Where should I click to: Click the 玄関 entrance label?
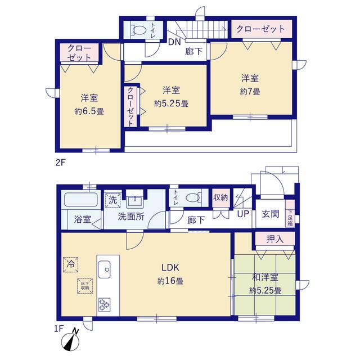[268, 214]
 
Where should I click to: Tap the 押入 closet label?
[274, 239]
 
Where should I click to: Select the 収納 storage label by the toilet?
[220, 197]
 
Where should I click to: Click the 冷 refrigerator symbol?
[71, 263]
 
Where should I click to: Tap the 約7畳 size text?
[251, 91]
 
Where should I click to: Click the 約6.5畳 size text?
[89, 111]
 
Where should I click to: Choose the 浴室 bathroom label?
[83, 219]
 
